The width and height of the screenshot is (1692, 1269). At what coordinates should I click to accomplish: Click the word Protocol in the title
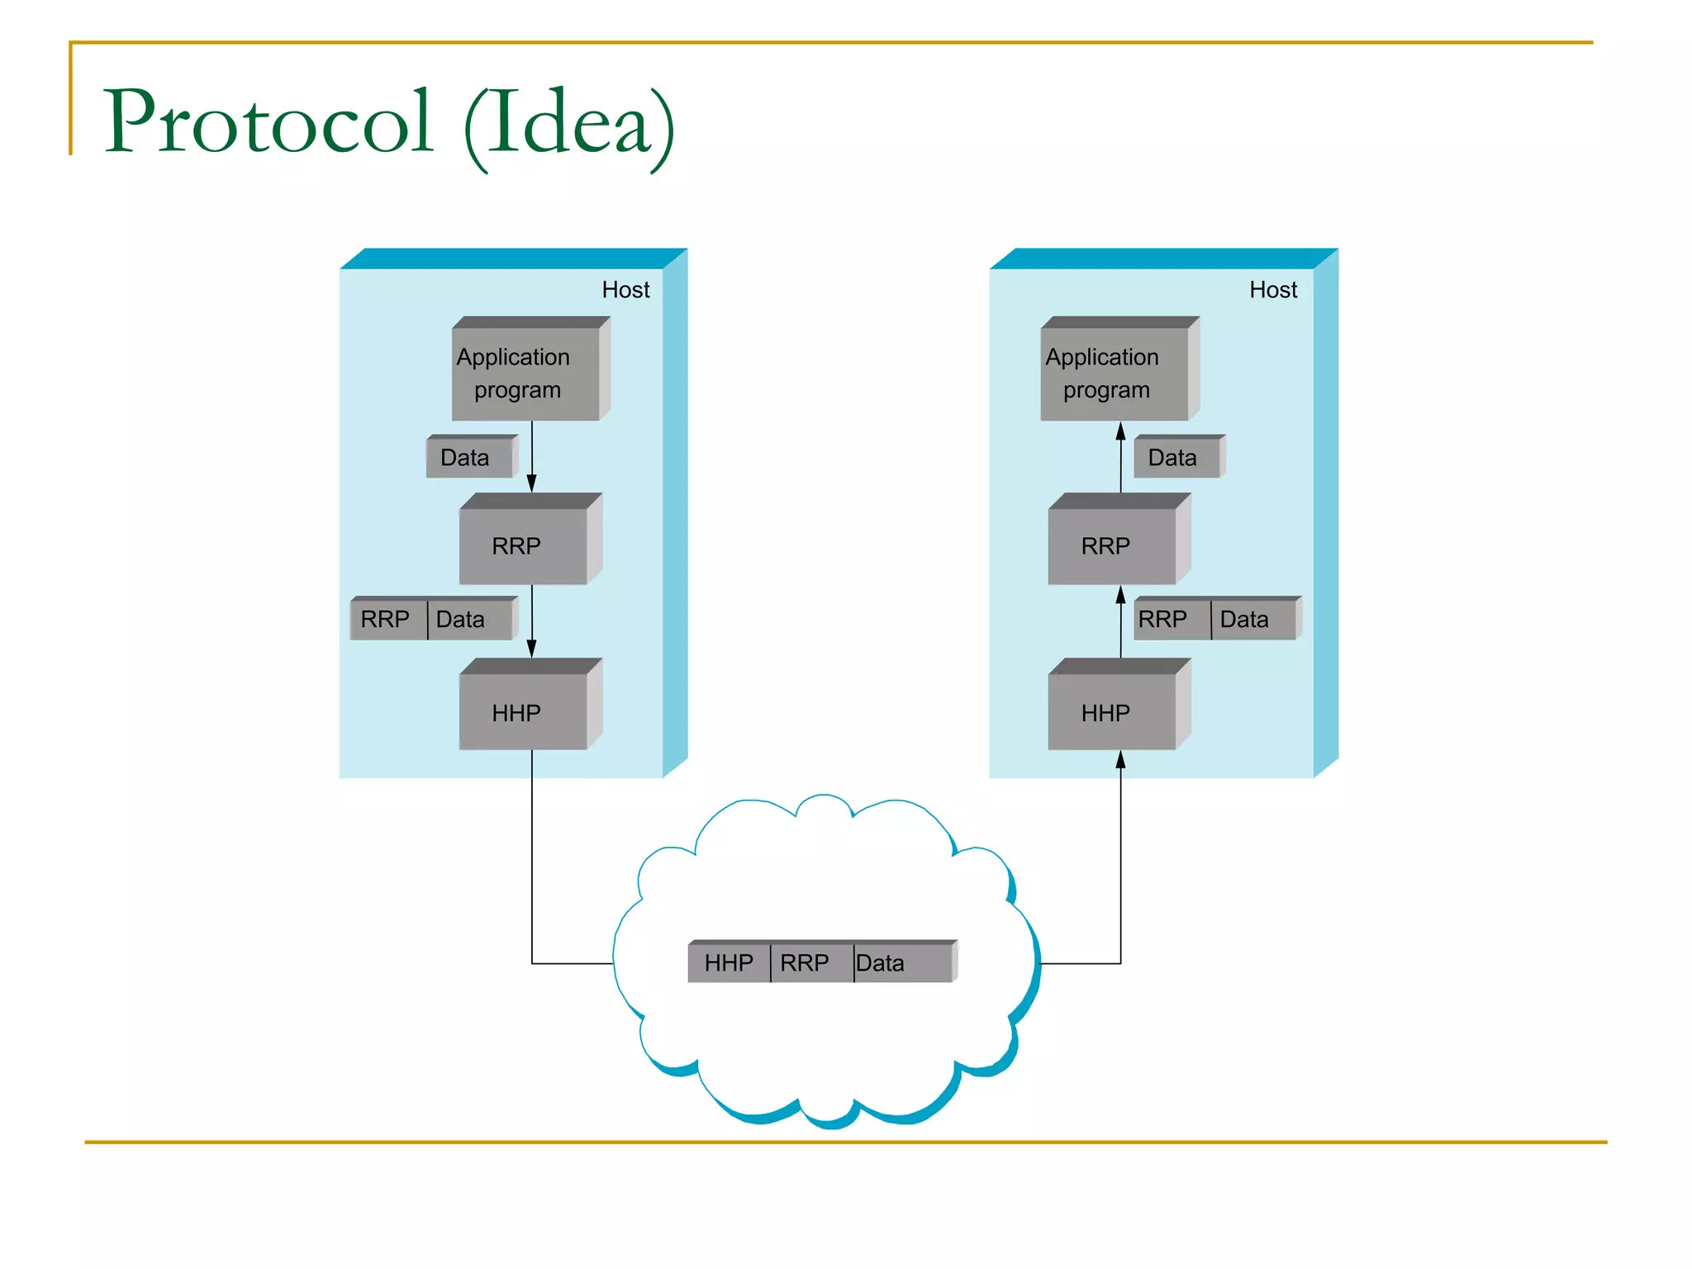click(268, 122)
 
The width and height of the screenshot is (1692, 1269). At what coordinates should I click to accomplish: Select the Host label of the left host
click(625, 290)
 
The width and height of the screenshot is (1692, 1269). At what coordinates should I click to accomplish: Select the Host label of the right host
click(1273, 290)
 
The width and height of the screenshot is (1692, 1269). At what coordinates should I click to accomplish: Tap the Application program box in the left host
click(525, 373)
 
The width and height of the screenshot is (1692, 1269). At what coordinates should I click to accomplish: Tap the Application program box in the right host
click(1114, 373)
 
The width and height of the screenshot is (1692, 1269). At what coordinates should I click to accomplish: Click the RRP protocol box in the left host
click(523, 545)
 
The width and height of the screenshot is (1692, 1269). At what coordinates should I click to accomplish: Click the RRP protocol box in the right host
click(1112, 545)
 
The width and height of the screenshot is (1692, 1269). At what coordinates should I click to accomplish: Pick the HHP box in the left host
click(523, 712)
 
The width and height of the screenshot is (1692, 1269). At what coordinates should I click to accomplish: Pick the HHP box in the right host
click(1112, 712)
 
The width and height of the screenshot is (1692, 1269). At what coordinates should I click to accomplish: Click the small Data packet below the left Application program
click(468, 458)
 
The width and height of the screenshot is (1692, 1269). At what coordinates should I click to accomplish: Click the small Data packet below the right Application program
click(1176, 458)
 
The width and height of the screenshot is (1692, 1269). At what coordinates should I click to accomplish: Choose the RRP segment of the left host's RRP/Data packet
click(387, 620)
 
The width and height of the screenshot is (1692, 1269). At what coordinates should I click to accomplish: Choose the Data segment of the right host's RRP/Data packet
click(1251, 620)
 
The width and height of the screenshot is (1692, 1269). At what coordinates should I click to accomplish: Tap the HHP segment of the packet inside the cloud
click(729, 963)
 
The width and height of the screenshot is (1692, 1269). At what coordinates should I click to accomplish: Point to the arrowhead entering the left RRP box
click(531, 484)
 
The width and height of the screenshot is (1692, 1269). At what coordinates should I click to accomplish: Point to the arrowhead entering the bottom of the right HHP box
click(1120, 760)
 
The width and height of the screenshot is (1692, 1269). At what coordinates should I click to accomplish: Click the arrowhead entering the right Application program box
click(1120, 430)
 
